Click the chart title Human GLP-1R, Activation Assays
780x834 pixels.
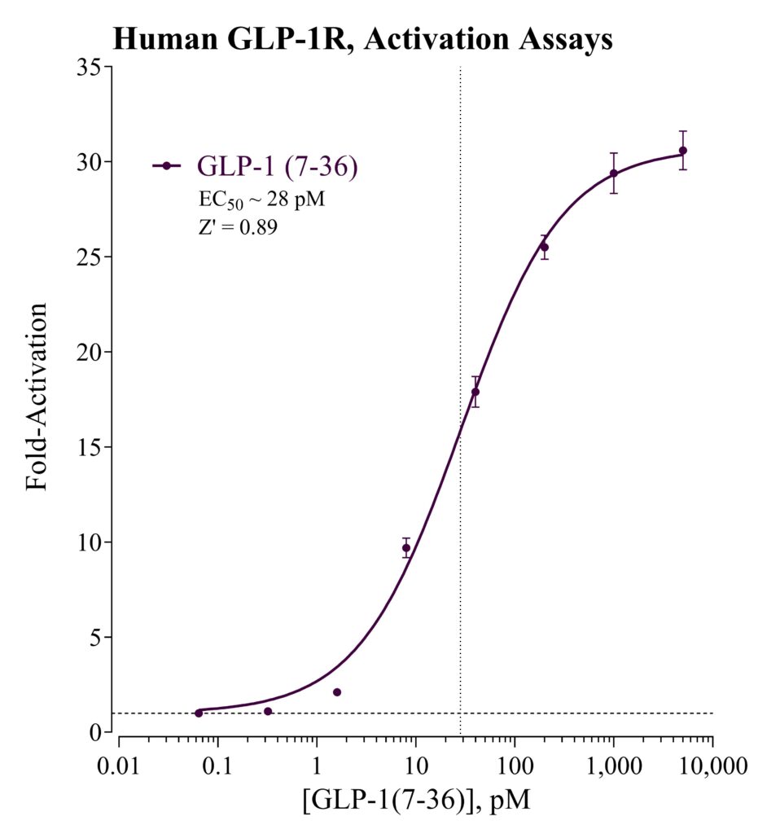[362, 40]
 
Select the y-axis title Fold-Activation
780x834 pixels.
[37, 397]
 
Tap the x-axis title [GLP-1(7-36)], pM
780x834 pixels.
[416, 800]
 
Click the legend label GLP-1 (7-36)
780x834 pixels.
[278, 166]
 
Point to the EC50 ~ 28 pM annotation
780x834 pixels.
[261, 200]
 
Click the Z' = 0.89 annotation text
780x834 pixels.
[238, 227]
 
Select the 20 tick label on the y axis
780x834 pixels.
[90, 352]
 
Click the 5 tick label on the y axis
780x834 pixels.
[96, 637]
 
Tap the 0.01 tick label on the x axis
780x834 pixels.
[118, 766]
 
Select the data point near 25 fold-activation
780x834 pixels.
[544, 248]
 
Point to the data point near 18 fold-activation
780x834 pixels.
[475, 392]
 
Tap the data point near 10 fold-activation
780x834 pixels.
[406, 548]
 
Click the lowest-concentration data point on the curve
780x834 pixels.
[199, 713]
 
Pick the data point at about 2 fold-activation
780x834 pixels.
[337, 692]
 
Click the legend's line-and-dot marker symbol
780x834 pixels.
[166, 166]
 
